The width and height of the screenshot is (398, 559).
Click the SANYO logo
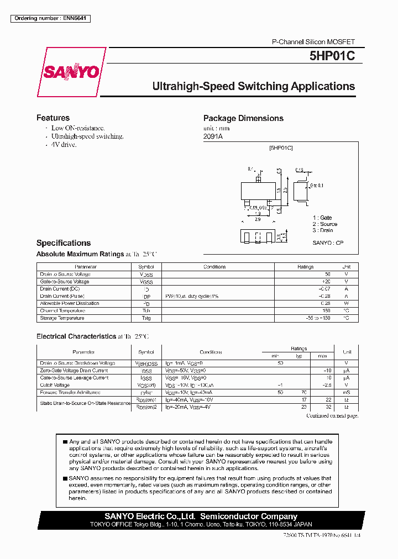(71, 72)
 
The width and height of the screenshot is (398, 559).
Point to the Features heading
(53, 118)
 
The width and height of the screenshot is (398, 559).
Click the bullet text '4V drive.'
(64, 145)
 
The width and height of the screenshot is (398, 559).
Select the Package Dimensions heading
(243, 118)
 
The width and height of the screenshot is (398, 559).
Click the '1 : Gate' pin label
(322, 218)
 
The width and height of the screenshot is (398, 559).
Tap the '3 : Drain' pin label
(323, 230)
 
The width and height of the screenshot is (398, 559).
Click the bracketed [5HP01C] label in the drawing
(281, 149)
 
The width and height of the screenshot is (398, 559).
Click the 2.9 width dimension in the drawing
(258, 219)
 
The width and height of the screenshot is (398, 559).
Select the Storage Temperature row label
(62, 318)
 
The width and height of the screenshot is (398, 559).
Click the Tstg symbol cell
(146, 318)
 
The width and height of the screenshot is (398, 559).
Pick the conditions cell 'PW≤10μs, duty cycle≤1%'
(192, 296)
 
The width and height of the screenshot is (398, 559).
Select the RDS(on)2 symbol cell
(146, 407)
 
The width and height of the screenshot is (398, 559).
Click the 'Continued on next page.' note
(332, 416)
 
